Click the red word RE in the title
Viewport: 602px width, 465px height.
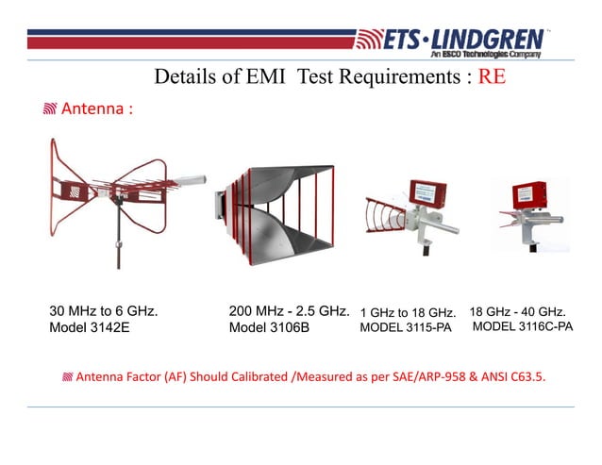492,76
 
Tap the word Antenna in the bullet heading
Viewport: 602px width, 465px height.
93,109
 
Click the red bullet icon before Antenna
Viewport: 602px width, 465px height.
49,110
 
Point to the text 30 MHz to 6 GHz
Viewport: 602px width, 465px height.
103,310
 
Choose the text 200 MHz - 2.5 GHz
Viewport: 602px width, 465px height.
290,310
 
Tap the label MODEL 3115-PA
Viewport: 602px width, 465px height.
407,328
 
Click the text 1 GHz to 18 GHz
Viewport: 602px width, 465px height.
409,312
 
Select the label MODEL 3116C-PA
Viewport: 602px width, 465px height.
522,326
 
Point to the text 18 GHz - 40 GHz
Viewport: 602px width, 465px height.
517,310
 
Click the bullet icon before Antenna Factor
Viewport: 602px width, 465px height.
66,378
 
